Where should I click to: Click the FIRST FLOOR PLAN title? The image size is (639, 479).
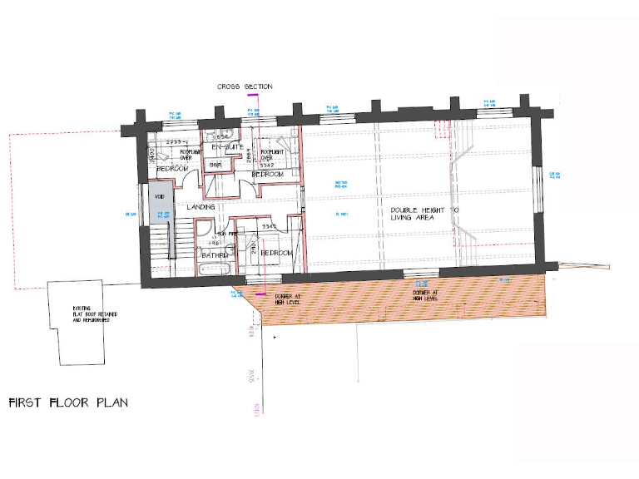68,402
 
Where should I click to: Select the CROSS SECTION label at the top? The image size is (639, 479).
245,86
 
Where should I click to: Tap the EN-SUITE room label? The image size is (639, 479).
226,147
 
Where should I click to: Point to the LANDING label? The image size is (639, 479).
201,206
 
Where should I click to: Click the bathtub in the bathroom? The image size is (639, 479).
215,269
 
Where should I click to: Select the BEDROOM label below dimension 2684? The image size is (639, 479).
268,175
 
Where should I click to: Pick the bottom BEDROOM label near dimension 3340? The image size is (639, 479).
275,252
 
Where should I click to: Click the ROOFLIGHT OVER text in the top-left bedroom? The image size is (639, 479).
190,155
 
